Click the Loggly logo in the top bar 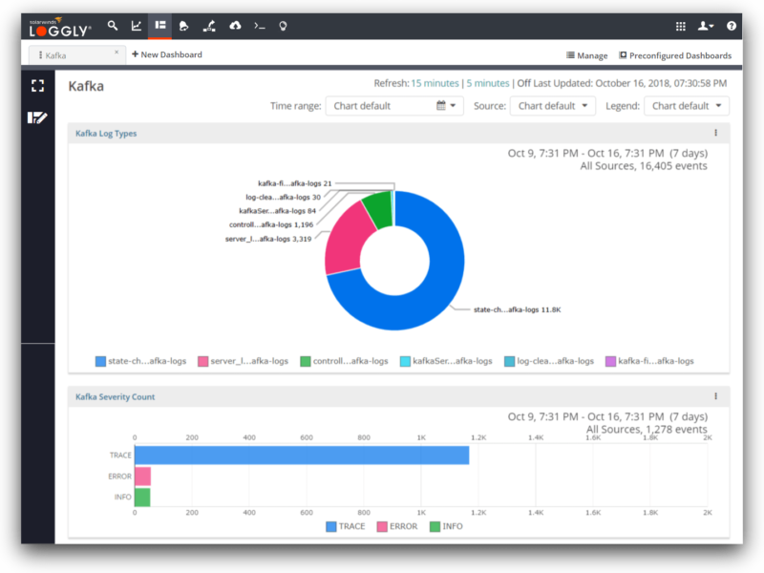pyautogui.click(x=60, y=28)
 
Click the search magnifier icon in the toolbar pyautogui.click(x=113, y=27)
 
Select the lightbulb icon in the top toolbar pyautogui.click(x=283, y=27)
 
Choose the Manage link pyautogui.click(x=586, y=55)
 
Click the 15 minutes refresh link pyautogui.click(x=435, y=83)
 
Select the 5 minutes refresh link pyautogui.click(x=488, y=83)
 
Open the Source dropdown pyautogui.click(x=552, y=106)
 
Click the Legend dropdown pyautogui.click(x=686, y=106)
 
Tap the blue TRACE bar pyautogui.click(x=301, y=455)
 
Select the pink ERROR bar pyautogui.click(x=142, y=476)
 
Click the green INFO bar pyautogui.click(x=142, y=497)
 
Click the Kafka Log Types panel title pyautogui.click(x=106, y=134)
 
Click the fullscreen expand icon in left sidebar pyautogui.click(x=37, y=86)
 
